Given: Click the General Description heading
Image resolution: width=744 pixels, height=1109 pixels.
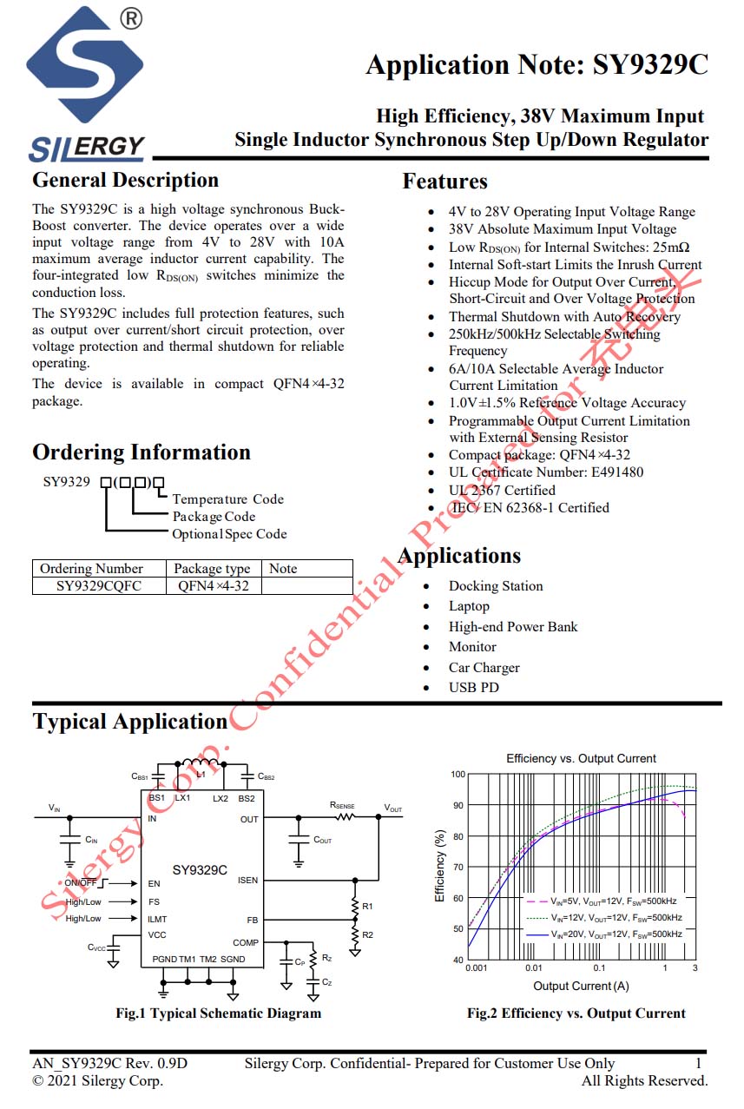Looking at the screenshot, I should tap(125, 181).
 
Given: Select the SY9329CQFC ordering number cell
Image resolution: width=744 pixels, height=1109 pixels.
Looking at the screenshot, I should tap(99, 585).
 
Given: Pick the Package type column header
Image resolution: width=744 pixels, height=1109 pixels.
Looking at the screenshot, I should tap(212, 569).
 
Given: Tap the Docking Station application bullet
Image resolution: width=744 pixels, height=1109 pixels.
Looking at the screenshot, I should tap(495, 586).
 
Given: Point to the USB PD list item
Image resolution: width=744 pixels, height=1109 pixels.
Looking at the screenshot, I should tap(473, 688).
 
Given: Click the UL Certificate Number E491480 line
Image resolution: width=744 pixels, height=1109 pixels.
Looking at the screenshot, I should tap(546, 472).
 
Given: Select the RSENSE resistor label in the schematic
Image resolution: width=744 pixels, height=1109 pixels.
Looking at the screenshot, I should tap(342, 805).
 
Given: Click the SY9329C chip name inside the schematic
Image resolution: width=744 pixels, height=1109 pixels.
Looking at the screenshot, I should tap(200, 869).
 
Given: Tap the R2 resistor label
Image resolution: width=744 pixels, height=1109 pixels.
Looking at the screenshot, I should tap(368, 934).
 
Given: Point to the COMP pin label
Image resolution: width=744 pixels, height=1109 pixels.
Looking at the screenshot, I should tap(246, 942).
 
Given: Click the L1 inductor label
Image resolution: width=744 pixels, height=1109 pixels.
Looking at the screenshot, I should tap(201, 773).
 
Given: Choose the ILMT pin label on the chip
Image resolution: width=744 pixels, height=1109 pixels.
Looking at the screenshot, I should tap(157, 918).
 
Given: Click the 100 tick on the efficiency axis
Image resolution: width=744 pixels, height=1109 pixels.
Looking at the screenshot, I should tap(458, 774).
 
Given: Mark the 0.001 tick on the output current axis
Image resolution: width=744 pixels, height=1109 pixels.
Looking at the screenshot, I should tap(476, 967).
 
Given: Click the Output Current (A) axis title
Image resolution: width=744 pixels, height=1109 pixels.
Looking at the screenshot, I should tap(581, 986).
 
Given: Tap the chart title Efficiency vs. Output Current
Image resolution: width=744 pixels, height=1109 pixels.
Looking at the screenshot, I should tap(581, 758).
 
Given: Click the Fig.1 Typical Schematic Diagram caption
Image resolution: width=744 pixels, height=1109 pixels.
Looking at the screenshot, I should tap(218, 1013).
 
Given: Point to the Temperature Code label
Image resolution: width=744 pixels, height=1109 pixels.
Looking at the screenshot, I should tap(227, 499).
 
